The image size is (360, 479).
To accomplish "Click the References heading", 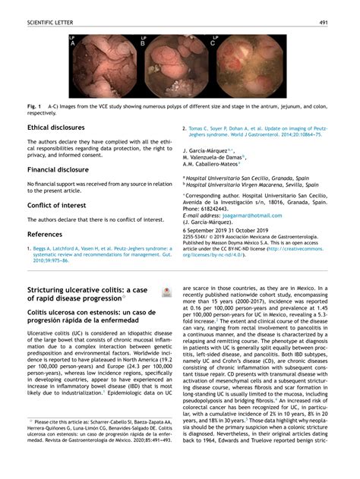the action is click(x=45, y=235).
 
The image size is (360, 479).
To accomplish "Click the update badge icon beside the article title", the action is click(x=166, y=291).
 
